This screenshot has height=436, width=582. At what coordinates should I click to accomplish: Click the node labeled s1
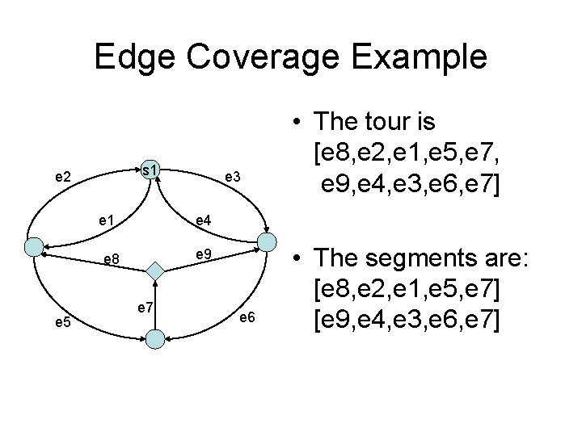[x=150, y=170]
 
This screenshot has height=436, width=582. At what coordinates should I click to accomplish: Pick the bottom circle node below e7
[x=156, y=339]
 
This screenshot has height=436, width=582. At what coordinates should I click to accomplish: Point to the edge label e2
[x=61, y=175]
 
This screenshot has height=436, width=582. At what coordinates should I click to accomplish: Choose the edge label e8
[x=112, y=260]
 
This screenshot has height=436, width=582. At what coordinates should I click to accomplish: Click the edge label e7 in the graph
[x=146, y=306]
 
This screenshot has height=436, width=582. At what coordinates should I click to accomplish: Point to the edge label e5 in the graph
[x=62, y=323]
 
